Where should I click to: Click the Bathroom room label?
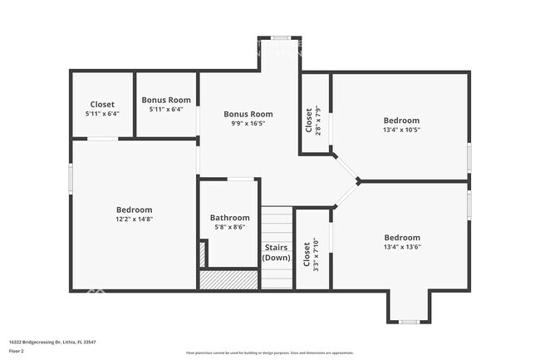pyautogui.click(x=229, y=218)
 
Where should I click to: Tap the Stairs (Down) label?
pyautogui.click(x=277, y=252)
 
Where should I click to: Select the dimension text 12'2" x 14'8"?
pyautogui.click(x=134, y=219)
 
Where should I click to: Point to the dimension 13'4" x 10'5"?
pyautogui.click(x=401, y=130)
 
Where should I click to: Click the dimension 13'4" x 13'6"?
pyautogui.click(x=401, y=247)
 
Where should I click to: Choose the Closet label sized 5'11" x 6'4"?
pyautogui.click(x=102, y=104)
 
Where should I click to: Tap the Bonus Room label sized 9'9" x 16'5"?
pyautogui.click(x=248, y=114)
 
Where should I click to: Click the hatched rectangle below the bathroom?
pyautogui.click(x=228, y=280)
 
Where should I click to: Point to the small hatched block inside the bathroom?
pyautogui.click(x=202, y=254)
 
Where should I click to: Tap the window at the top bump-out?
pyautogui.click(x=279, y=37)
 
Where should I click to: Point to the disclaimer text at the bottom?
pyautogui.click(x=269, y=353)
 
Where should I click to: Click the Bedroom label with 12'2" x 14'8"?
pyautogui.click(x=134, y=210)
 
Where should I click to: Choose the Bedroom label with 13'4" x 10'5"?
pyautogui.click(x=401, y=121)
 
